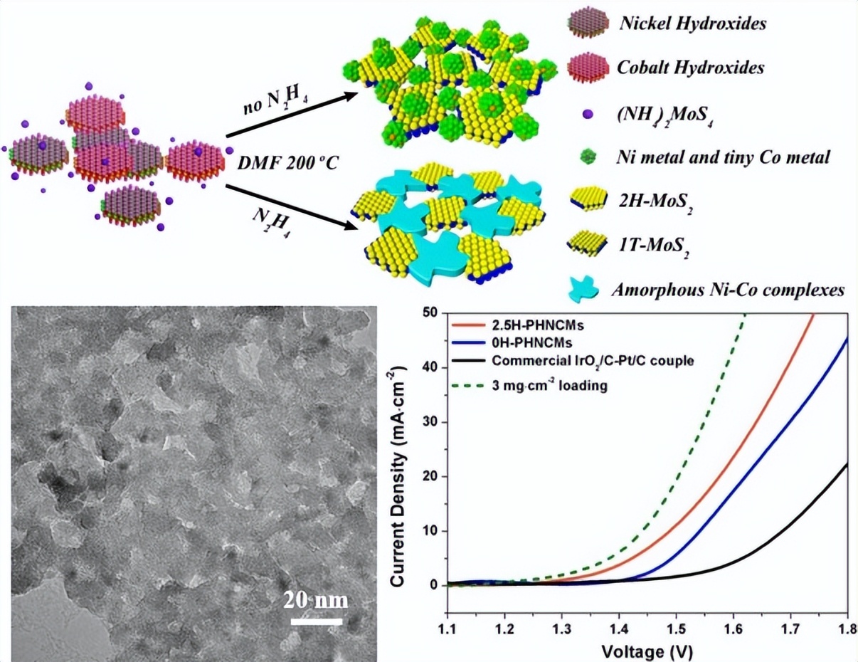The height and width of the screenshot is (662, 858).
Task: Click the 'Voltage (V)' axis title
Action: tap(647, 651)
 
